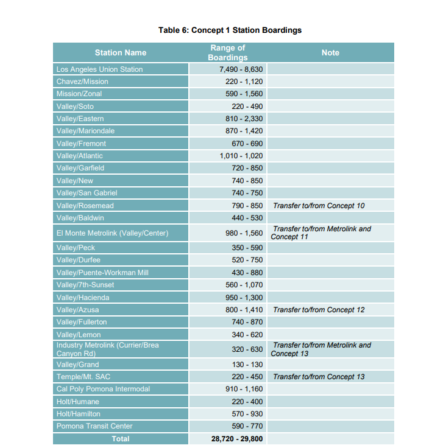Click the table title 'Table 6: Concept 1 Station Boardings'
tap(230, 30)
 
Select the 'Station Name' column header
tap(121, 53)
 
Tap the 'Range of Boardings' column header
tap(227, 52)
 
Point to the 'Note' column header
tap(330, 53)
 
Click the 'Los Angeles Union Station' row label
tap(99, 69)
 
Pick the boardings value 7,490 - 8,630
tap(241, 69)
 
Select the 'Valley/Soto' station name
tap(75, 107)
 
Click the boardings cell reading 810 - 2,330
tap(244, 119)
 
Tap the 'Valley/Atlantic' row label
tap(80, 156)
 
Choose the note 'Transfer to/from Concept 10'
tap(319, 206)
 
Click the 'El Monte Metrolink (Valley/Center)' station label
tap(112, 233)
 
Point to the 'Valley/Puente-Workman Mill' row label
tap(102, 273)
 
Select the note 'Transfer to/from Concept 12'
tap(319, 310)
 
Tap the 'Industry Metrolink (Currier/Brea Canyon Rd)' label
tap(108, 349)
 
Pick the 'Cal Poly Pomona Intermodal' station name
tap(103, 389)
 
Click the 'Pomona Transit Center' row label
tap(94, 426)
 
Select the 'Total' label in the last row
tap(121, 438)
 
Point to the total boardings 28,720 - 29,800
tap(237, 438)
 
